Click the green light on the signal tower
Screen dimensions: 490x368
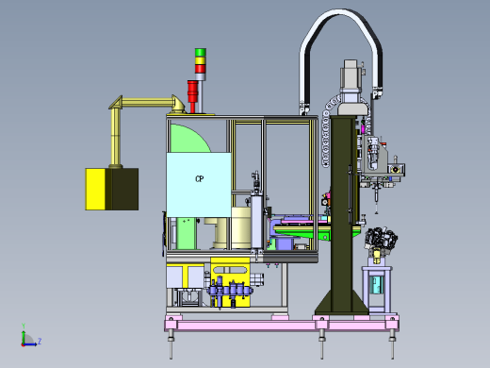(x=201, y=52)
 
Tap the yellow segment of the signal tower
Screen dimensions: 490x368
(x=201, y=60)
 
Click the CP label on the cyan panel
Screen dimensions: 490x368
(x=200, y=179)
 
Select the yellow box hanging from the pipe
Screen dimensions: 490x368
(x=112, y=189)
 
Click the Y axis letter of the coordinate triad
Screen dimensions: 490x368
(x=24, y=326)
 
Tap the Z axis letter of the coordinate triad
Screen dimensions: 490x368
(x=40, y=341)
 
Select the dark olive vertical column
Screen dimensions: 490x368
(x=342, y=214)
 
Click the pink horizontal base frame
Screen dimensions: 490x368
(x=282, y=325)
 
